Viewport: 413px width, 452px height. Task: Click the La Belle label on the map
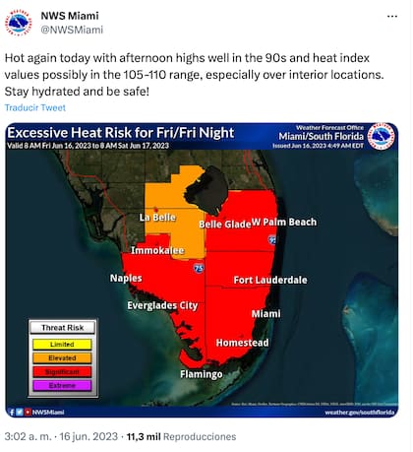point(156,217)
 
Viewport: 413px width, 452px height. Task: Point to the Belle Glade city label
point(225,225)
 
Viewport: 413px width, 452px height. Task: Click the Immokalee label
point(158,251)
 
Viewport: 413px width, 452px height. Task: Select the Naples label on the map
point(125,279)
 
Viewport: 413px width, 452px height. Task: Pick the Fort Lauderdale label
point(270,281)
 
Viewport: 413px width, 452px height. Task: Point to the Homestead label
point(242,343)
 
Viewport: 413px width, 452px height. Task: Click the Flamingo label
point(201,374)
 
